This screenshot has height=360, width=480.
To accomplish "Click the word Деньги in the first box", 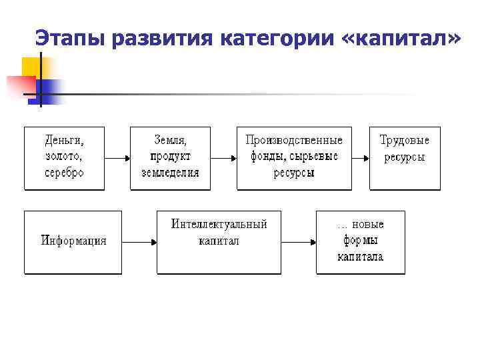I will tap(64, 141).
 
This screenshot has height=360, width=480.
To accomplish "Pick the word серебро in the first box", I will tap(64, 172).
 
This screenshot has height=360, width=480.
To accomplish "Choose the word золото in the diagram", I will tap(64, 157).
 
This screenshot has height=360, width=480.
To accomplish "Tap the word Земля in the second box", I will tap(170, 141).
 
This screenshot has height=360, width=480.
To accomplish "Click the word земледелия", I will tap(170, 172).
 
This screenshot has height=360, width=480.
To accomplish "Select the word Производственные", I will tap(294, 141).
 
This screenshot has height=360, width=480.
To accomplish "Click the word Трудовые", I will tap(405, 141).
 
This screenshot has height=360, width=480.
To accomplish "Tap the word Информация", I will tap(73, 241).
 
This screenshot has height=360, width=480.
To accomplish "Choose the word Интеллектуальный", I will tap(219, 225).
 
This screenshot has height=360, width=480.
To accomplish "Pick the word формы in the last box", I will tap(360, 241).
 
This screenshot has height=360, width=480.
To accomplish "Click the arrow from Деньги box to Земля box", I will tap(117, 159).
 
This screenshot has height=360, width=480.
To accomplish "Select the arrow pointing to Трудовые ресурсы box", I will tap(361, 159).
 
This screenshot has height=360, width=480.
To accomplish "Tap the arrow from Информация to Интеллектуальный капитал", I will tap(139, 242).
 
